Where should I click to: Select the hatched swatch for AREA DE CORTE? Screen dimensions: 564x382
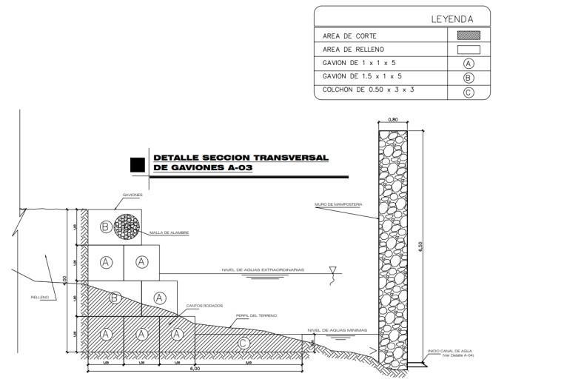click(464, 35)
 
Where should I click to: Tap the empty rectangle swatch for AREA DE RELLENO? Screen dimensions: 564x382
click(464, 50)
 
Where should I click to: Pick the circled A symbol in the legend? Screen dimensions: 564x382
click(468, 64)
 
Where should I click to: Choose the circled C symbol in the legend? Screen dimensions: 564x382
click(468, 92)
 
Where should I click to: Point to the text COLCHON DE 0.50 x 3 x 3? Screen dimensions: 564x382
click(368, 91)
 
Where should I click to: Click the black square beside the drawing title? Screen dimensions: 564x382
click(137, 165)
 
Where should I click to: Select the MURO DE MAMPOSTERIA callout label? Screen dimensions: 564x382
click(338, 205)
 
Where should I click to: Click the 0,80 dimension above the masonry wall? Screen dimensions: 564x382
click(393, 119)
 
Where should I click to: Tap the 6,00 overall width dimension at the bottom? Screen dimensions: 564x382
click(195, 369)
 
